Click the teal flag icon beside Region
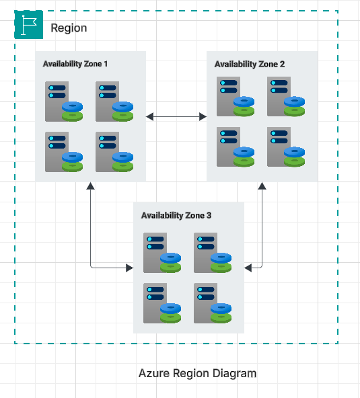(x=28, y=25)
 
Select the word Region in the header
(x=69, y=28)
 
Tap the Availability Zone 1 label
(x=75, y=64)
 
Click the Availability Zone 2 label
(x=249, y=64)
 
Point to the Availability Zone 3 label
(x=176, y=216)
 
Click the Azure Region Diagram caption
(x=197, y=373)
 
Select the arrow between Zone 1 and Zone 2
(x=176, y=117)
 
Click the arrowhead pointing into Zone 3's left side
(x=129, y=268)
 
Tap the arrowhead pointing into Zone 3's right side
(x=248, y=268)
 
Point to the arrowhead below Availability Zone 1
(x=89, y=186)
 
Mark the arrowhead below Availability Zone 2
(x=261, y=186)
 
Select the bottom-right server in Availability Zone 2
(x=279, y=146)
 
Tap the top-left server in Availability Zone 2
(x=228, y=96)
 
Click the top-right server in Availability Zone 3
(x=205, y=252)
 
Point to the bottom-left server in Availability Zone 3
(x=155, y=303)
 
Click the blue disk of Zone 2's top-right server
(x=294, y=102)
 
